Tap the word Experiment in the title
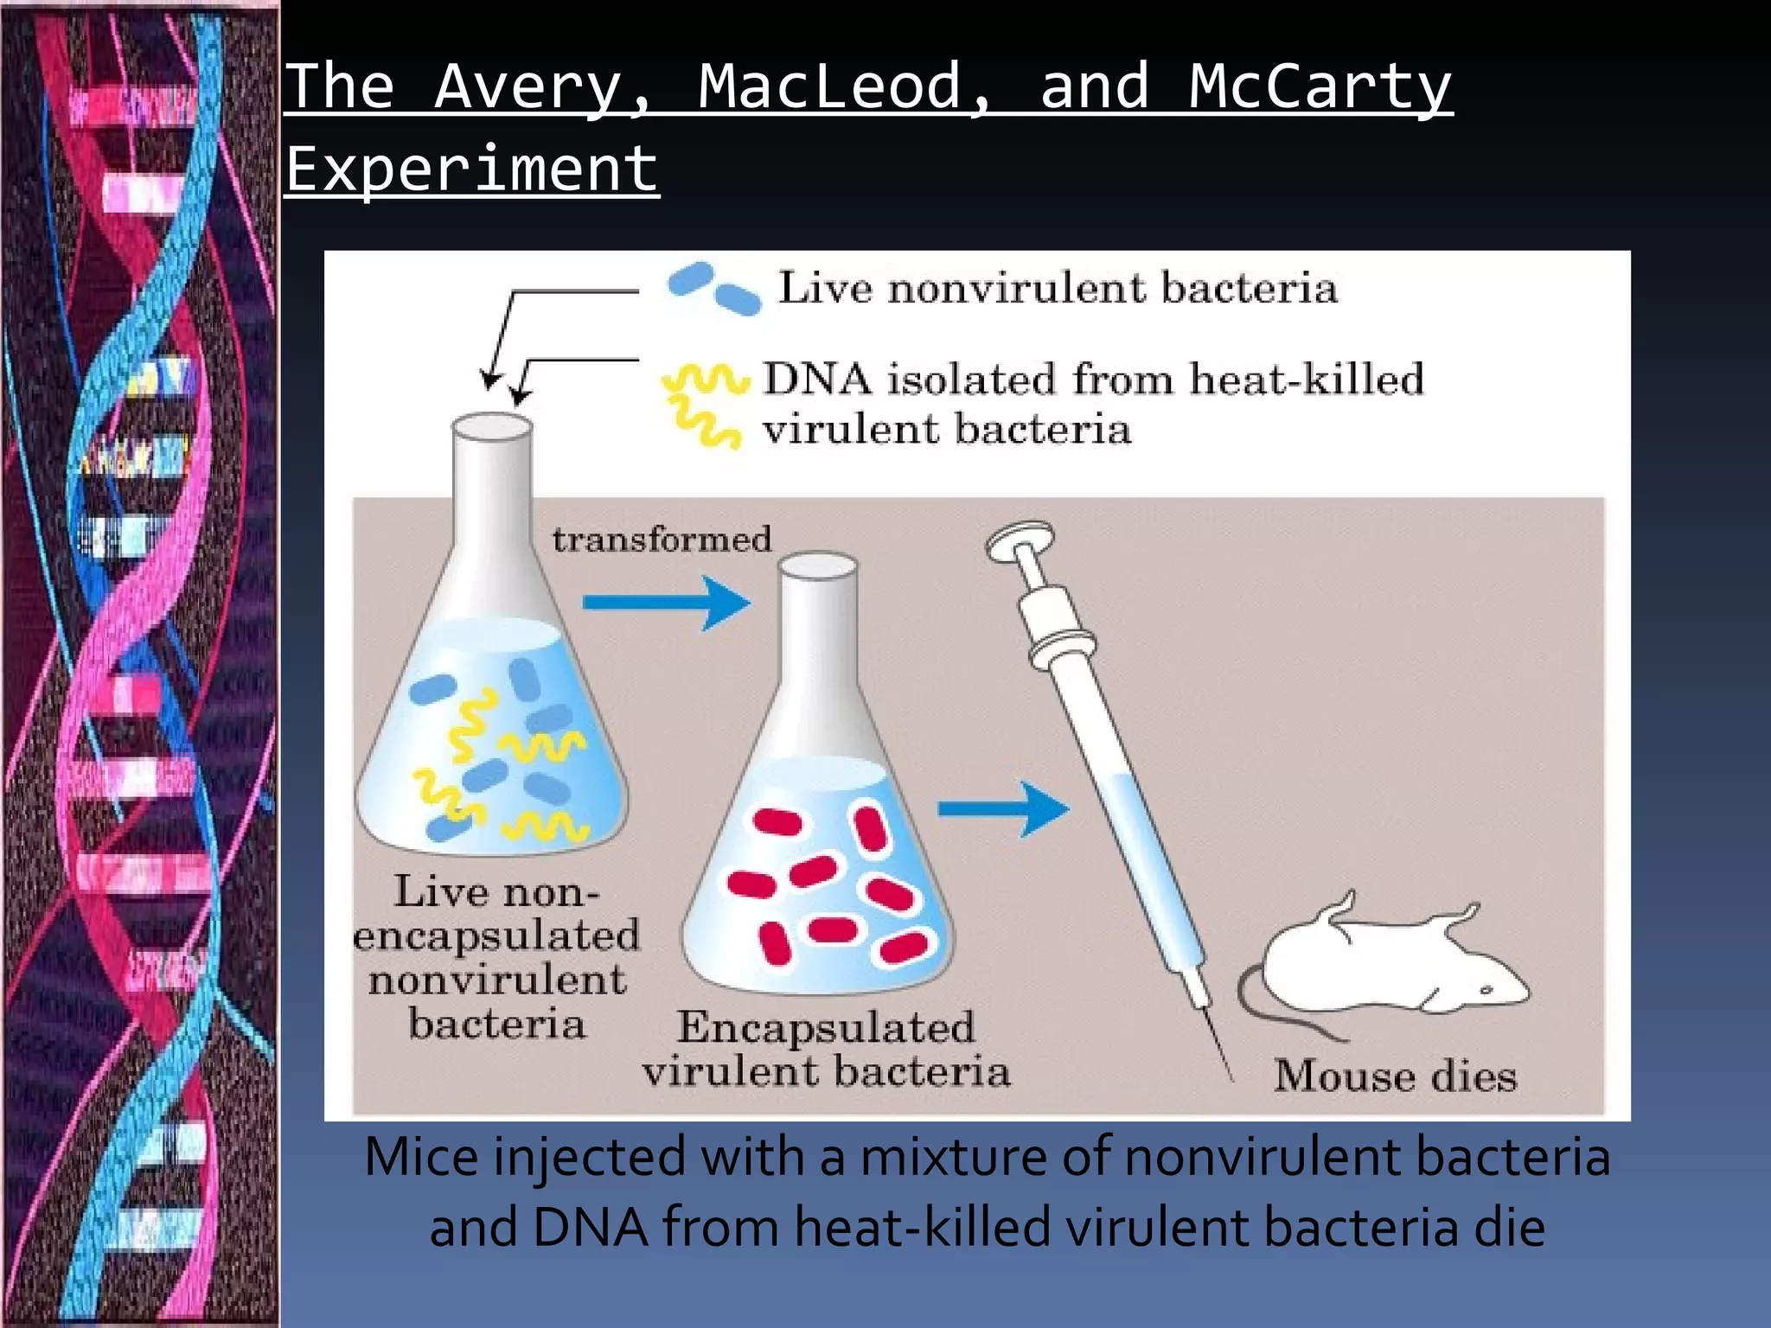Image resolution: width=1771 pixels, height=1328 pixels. point(472,169)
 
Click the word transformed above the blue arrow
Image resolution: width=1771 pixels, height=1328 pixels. point(662,539)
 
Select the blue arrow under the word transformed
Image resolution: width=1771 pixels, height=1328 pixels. point(666,603)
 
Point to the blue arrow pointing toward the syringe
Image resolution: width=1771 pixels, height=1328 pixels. point(1003,809)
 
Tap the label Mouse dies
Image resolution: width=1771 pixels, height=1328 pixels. point(1395,1076)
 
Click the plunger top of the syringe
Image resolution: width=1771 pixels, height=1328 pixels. point(1020,539)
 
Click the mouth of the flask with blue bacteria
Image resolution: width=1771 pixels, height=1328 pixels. point(492,427)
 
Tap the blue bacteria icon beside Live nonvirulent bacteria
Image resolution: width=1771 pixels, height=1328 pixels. point(714,288)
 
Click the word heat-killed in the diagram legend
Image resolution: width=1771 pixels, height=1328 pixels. point(1306,380)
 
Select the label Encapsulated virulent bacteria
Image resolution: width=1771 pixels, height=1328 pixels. point(826,1049)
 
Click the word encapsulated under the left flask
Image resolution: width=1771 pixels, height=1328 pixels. point(496,936)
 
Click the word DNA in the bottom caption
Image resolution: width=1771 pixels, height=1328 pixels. point(591,1228)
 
